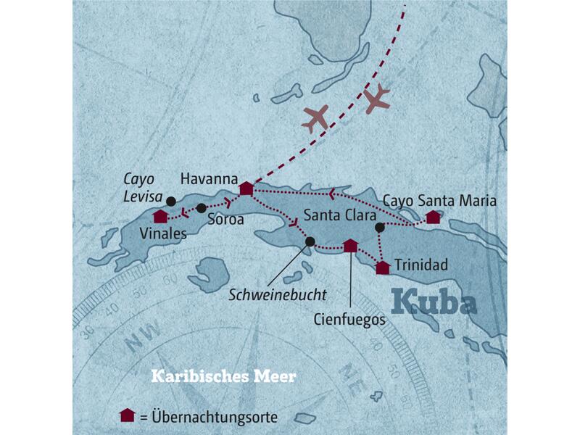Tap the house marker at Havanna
pyautogui.click(x=246, y=188)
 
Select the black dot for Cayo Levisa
pyautogui.click(x=171, y=201)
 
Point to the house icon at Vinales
pyautogui.click(x=160, y=216)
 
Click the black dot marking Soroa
pyautogui.click(x=202, y=208)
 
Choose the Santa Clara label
pyautogui.click(x=339, y=215)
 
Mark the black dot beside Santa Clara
pyautogui.click(x=380, y=228)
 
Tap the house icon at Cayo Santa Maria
pyautogui.click(x=433, y=216)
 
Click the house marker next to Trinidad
pyautogui.click(x=383, y=268)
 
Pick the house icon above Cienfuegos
pyautogui.click(x=350, y=246)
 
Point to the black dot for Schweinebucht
pyautogui.click(x=310, y=241)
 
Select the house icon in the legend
pyautogui.click(x=128, y=415)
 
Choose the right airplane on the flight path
pyautogui.click(x=377, y=100)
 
